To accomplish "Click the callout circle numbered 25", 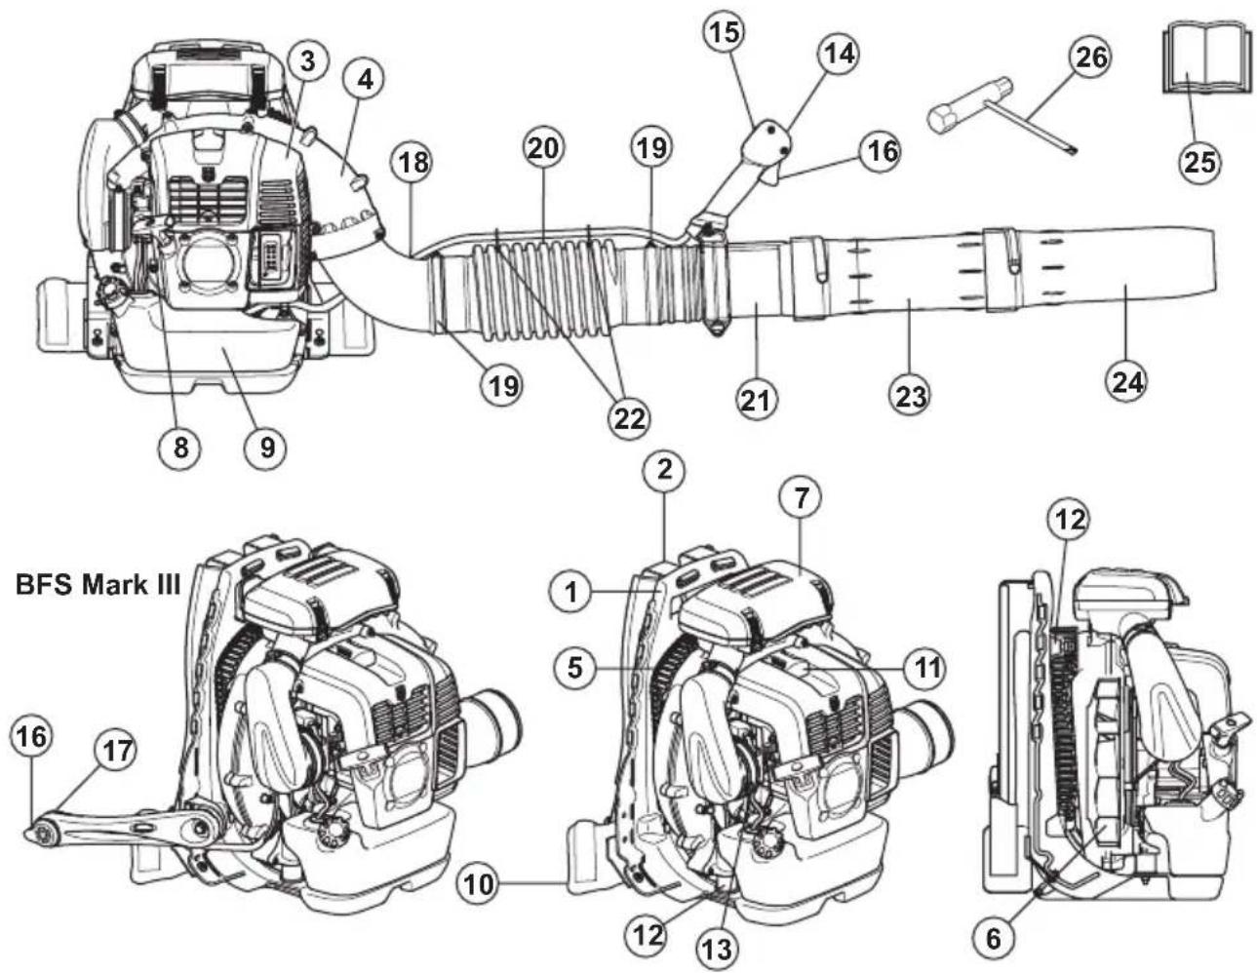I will click(x=1198, y=160).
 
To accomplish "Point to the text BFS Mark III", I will click(x=92, y=585).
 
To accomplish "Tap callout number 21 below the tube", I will click(x=758, y=399).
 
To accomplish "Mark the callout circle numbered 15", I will click(x=724, y=32).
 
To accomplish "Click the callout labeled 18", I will click(x=413, y=162).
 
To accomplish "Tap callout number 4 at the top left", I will click(x=364, y=79).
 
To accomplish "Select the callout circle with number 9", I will click(x=266, y=447).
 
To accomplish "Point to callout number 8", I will click(x=181, y=447).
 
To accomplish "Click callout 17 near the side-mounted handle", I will click(x=115, y=752).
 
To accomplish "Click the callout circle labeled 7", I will click(x=800, y=498).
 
